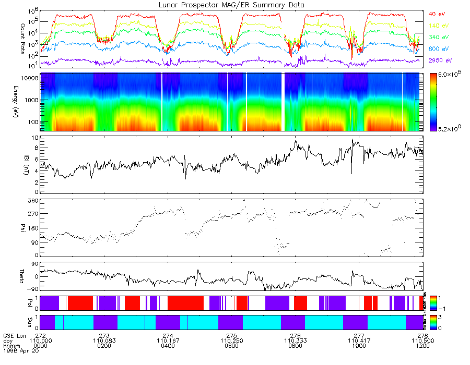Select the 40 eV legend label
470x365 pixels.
point(437,14)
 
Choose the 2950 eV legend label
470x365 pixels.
point(439,61)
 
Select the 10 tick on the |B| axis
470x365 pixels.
point(34,138)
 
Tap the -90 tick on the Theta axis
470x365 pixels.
point(31,289)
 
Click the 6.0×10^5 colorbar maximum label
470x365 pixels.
point(449,76)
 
